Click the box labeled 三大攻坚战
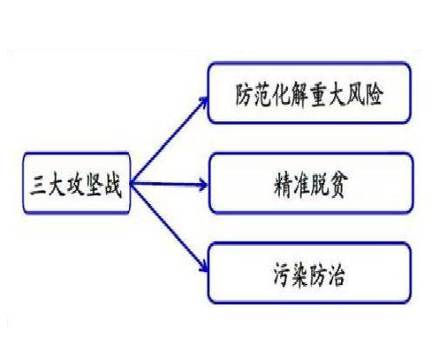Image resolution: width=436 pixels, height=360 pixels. pyautogui.click(x=77, y=183)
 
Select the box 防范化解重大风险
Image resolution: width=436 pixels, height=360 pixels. pyautogui.click(x=310, y=93)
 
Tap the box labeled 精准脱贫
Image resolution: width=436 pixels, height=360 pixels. pyautogui.click(x=310, y=183)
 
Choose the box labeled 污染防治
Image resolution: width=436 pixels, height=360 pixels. pyautogui.click(x=310, y=273)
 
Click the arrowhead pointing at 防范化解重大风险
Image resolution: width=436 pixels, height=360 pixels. pyautogui.click(x=204, y=102)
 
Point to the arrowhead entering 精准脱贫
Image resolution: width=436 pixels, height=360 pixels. pyautogui.click(x=203, y=184)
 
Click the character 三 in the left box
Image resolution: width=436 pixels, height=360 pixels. pyautogui.click(x=38, y=186)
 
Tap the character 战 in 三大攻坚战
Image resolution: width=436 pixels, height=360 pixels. pyautogui.click(x=112, y=186)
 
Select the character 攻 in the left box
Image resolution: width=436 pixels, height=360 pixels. pyautogui.click(x=76, y=186)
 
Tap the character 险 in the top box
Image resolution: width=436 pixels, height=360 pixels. pyautogui.click(x=373, y=95)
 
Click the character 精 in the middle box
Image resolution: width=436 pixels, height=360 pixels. pyautogui.click(x=283, y=186)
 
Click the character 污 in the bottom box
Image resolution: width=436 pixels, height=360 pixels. pyautogui.click(x=283, y=275)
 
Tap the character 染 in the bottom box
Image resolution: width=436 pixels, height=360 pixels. pyautogui.click(x=301, y=275)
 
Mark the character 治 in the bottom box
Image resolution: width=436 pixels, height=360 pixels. pyautogui.click(x=337, y=275)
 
